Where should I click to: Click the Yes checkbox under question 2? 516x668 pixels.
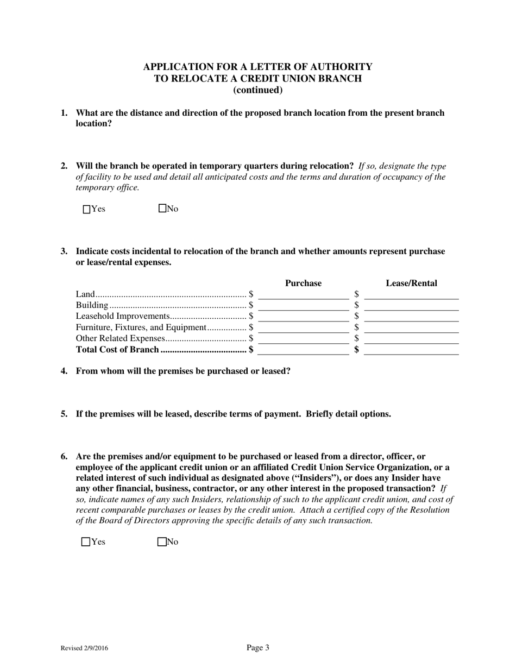tap(86, 209)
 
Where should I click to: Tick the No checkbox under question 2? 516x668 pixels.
tap(162, 209)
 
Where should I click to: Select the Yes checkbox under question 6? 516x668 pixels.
tap(85, 541)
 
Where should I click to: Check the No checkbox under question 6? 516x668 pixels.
tap(161, 541)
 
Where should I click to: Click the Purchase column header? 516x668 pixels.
tap(303, 283)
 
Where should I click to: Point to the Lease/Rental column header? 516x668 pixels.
tap(411, 283)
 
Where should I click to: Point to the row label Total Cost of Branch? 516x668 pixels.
tap(118, 350)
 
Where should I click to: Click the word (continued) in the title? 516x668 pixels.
tap(257, 90)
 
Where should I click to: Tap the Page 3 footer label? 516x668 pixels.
tap(257, 647)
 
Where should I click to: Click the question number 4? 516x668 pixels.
tap(64, 371)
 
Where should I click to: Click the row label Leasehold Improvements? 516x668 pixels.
tap(123, 316)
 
